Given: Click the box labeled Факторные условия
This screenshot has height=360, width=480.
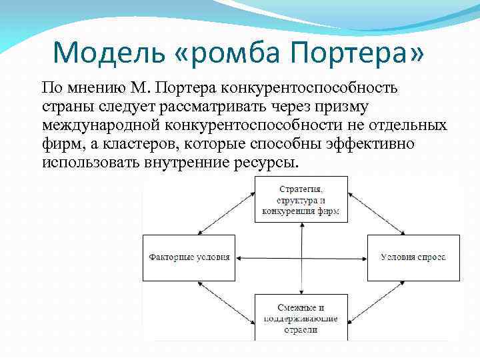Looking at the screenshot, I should [x=189, y=257].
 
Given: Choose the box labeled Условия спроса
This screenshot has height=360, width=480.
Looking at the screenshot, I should [x=413, y=257].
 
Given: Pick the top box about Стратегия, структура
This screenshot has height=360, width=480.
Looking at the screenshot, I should [x=301, y=199].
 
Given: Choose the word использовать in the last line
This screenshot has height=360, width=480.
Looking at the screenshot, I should [x=89, y=163].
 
